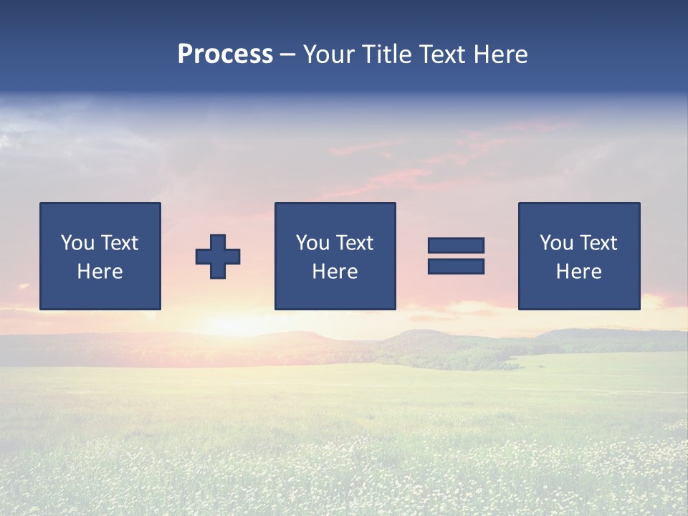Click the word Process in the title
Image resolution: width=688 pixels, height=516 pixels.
[x=225, y=54]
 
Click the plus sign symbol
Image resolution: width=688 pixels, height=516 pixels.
[x=218, y=257]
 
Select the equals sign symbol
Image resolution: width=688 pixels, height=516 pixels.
[x=456, y=256]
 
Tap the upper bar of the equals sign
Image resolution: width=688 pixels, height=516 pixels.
[x=456, y=246]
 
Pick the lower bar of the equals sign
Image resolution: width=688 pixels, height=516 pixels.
[x=456, y=266]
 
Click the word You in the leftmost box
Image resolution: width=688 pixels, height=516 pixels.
[x=77, y=243]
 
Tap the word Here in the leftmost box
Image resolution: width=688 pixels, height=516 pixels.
[x=100, y=272]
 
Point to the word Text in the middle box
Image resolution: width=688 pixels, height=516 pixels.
[x=354, y=243]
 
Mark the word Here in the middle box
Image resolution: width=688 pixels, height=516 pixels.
[x=335, y=272]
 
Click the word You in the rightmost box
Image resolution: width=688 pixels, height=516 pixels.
[x=556, y=243]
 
